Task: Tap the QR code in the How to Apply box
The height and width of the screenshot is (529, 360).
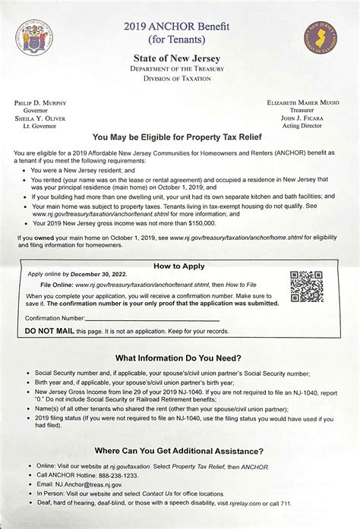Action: (307, 287)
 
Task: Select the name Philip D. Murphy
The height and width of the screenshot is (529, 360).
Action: (40, 102)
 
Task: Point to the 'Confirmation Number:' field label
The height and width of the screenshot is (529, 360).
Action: (55, 318)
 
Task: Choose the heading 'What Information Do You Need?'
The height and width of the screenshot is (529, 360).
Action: (178, 358)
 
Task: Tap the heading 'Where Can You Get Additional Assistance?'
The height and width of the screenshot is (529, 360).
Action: (178, 451)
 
